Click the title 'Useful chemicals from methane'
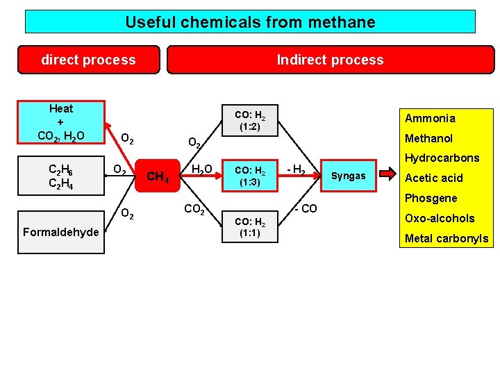click(250, 22)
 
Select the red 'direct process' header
click(89, 60)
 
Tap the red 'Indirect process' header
click(330, 60)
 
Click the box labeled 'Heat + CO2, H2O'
click(61, 122)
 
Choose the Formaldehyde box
click(61, 232)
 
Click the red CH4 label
click(158, 177)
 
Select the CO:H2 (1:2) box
click(249, 121)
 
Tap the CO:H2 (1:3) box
click(249, 176)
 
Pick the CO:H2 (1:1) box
click(249, 227)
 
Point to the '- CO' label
click(305, 208)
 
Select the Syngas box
click(348, 176)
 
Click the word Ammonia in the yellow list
click(430, 118)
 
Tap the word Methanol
click(428, 138)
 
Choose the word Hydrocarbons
click(442, 158)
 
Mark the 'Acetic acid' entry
click(433, 178)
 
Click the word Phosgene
click(431, 198)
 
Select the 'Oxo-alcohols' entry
click(440, 218)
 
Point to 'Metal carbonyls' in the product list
click(447, 239)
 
